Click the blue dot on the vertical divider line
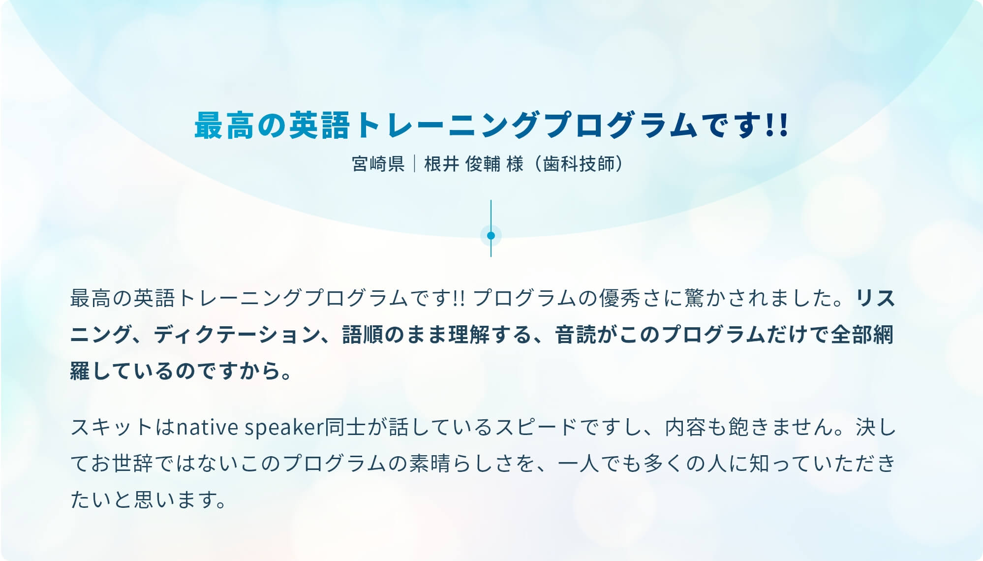click(x=491, y=236)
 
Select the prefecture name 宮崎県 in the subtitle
click(x=378, y=164)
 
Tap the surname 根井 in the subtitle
click(x=442, y=164)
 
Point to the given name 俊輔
click(x=483, y=164)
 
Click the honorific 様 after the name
click(x=515, y=164)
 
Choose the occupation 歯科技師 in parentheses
click(x=579, y=164)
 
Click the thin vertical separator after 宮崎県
click(x=415, y=164)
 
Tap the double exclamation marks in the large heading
click(x=777, y=125)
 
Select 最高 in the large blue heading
click(x=224, y=125)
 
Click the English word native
click(x=208, y=427)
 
